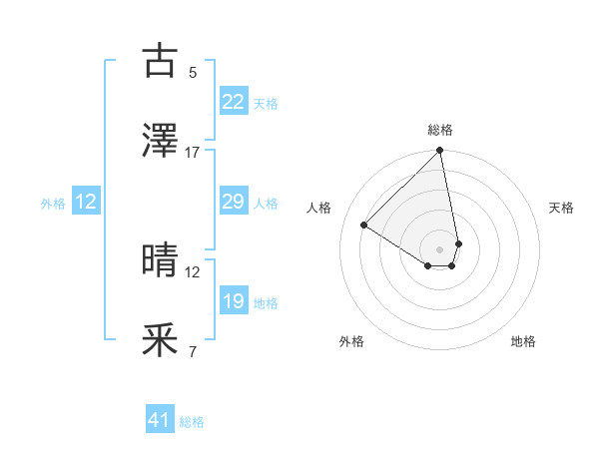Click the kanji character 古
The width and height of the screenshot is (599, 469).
click(x=161, y=61)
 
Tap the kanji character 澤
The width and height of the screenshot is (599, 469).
click(x=161, y=142)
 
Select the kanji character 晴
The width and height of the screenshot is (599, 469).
click(x=161, y=260)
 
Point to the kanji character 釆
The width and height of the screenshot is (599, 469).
click(x=161, y=341)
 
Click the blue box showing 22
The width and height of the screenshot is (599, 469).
click(x=233, y=102)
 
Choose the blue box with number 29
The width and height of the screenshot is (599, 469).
click(x=233, y=202)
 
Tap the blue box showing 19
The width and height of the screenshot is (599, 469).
click(x=233, y=301)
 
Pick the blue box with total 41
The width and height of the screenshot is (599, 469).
click(x=160, y=421)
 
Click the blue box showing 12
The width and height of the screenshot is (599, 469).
click(x=86, y=202)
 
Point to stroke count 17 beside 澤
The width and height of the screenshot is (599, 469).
click(x=193, y=153)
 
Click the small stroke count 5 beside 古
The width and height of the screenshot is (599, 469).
click(x=193, y=73)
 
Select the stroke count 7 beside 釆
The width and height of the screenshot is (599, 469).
click(x=193, y=352)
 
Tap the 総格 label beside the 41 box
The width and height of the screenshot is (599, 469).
click(x=192, y=422)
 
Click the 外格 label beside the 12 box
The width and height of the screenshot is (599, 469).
click(x=53, y=203)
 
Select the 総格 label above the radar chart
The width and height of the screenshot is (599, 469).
click(x=440, y=130)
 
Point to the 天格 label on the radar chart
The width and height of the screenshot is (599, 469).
click(x=561, y=208)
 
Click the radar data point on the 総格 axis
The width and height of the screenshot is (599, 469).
click(x=440, y=152)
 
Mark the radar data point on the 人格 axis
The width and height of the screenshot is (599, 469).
click(x=364, y=225)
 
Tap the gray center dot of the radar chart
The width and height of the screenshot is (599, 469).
click(x=440, y=248)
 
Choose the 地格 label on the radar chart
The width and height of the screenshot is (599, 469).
click(x=523, y=341)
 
